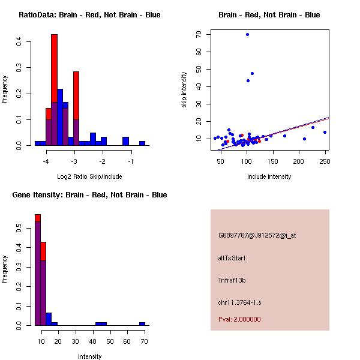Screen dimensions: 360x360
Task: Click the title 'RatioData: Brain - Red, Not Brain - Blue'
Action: pos(89,15)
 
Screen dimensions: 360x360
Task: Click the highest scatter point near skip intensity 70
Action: pos(247,34)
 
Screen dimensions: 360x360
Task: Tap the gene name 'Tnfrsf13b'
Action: pos(232,280)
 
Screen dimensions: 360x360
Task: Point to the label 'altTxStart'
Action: pos(232,258)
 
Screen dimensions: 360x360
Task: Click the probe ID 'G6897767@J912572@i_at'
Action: pos(257,235)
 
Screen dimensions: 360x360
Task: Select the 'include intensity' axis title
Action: pos(269,176)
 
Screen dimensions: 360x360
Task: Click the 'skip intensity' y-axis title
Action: pos(184,90)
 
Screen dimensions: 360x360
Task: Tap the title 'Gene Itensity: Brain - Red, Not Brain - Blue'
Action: pos(89,195)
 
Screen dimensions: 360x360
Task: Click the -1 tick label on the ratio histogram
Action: pos(131,161)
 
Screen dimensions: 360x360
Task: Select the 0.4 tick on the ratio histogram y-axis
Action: pos(19,42)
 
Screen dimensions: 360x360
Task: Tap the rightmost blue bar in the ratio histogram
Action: pos(142,143)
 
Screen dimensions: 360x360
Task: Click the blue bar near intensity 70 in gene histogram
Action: pos(142,323)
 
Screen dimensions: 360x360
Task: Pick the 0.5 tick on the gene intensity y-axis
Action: pos(19,229)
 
